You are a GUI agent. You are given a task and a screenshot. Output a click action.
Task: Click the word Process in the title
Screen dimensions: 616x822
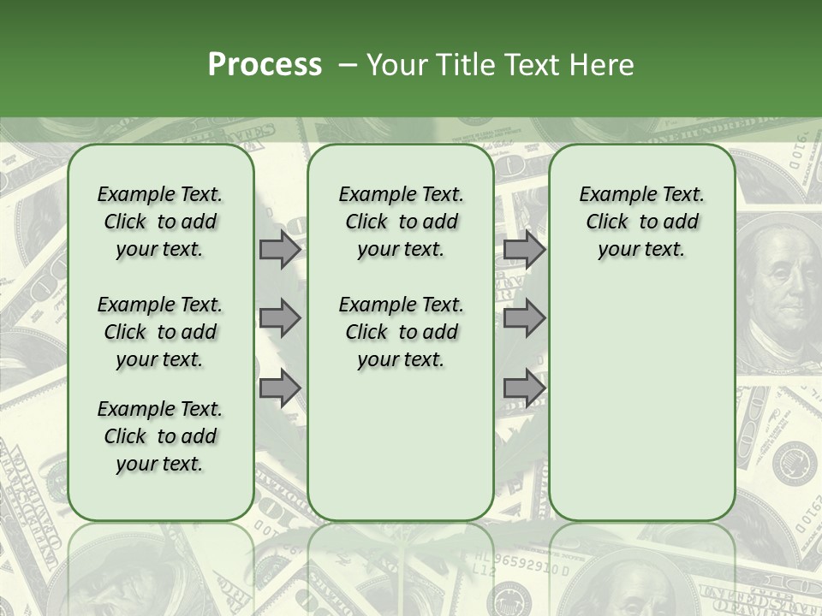pyautogui.click(x=265, y=65)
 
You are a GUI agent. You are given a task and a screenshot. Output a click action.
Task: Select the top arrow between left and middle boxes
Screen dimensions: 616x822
pyautogui.click(x=280, y=250)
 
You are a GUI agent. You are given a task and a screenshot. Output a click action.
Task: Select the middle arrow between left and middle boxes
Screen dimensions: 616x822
pyautogui.click(x=280, y=318)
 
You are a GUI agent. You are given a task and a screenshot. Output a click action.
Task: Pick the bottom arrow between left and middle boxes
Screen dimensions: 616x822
pyautogui.click(x=280, y=388)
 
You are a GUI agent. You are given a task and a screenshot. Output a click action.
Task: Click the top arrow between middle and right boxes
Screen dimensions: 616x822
pyautogui.click(x=524, y=250)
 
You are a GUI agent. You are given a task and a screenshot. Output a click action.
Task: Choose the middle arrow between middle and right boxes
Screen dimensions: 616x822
pyautogui.click(x=524, y=318)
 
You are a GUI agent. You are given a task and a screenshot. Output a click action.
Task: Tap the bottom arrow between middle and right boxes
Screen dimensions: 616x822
pyautogui.click(x=524, y=388)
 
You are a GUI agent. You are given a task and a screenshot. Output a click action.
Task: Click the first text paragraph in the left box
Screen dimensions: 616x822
pyautogui.click(x=160, y=222)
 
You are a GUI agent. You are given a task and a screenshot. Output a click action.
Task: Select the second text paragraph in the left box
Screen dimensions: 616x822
pyautogui.click(x=160, y=332)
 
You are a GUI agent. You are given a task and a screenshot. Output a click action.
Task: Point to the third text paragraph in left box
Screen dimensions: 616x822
pyautogui.click(x=160, y=436)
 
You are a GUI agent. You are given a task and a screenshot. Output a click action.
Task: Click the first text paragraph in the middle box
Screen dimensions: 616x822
pyautogui.click(x=401, y=222)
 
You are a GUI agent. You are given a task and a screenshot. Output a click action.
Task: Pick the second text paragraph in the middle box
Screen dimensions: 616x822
pyautogui.click(x=401, y=332)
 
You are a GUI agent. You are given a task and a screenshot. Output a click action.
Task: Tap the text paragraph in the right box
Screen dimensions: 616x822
pyautogui.click(x=641, y=222)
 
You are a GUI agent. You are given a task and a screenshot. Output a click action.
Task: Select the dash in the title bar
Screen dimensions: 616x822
pyautogui.click(x=347, y=65)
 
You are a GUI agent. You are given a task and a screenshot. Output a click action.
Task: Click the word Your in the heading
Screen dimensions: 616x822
pyautogui.click(x=395, y=65)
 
